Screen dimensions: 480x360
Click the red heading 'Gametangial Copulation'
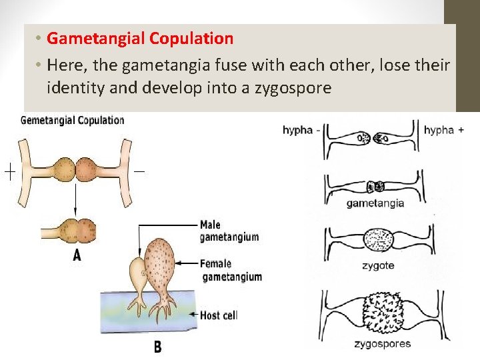pyautogui.click(x=140, y=39)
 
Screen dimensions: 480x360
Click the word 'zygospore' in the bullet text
pyautogui.click(x=293, y=87)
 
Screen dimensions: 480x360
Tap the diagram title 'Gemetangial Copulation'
pyautogui.click(x=73, y=121)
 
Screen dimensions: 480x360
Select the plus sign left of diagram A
pyautogui.click(x=10, y=173)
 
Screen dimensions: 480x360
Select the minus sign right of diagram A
pyautogui.click(x=139, y=171)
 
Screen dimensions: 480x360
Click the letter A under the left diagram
pyautogui.click(x=77, y=255)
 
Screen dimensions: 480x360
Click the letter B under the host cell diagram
pyautogui.click(x=157, y=347)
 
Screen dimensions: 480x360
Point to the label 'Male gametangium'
pyautogui.click(x=229, y=231)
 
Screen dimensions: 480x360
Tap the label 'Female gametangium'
pyautogui.click(x=231, y=270)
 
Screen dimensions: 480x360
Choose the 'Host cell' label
pyautogui.click(x=219, y=315)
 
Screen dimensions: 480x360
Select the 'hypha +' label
pyautogui.click(x=444, y=131)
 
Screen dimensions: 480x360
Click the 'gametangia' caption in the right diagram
pyautogui.click(x=375, y=203)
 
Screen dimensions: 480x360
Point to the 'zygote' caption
pyautogui.click(x=377, y=265)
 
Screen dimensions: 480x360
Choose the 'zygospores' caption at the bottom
pyautogui.click(x=383, y=344)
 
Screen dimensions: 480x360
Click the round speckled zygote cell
pyautogui.click(x=379, y=240)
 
